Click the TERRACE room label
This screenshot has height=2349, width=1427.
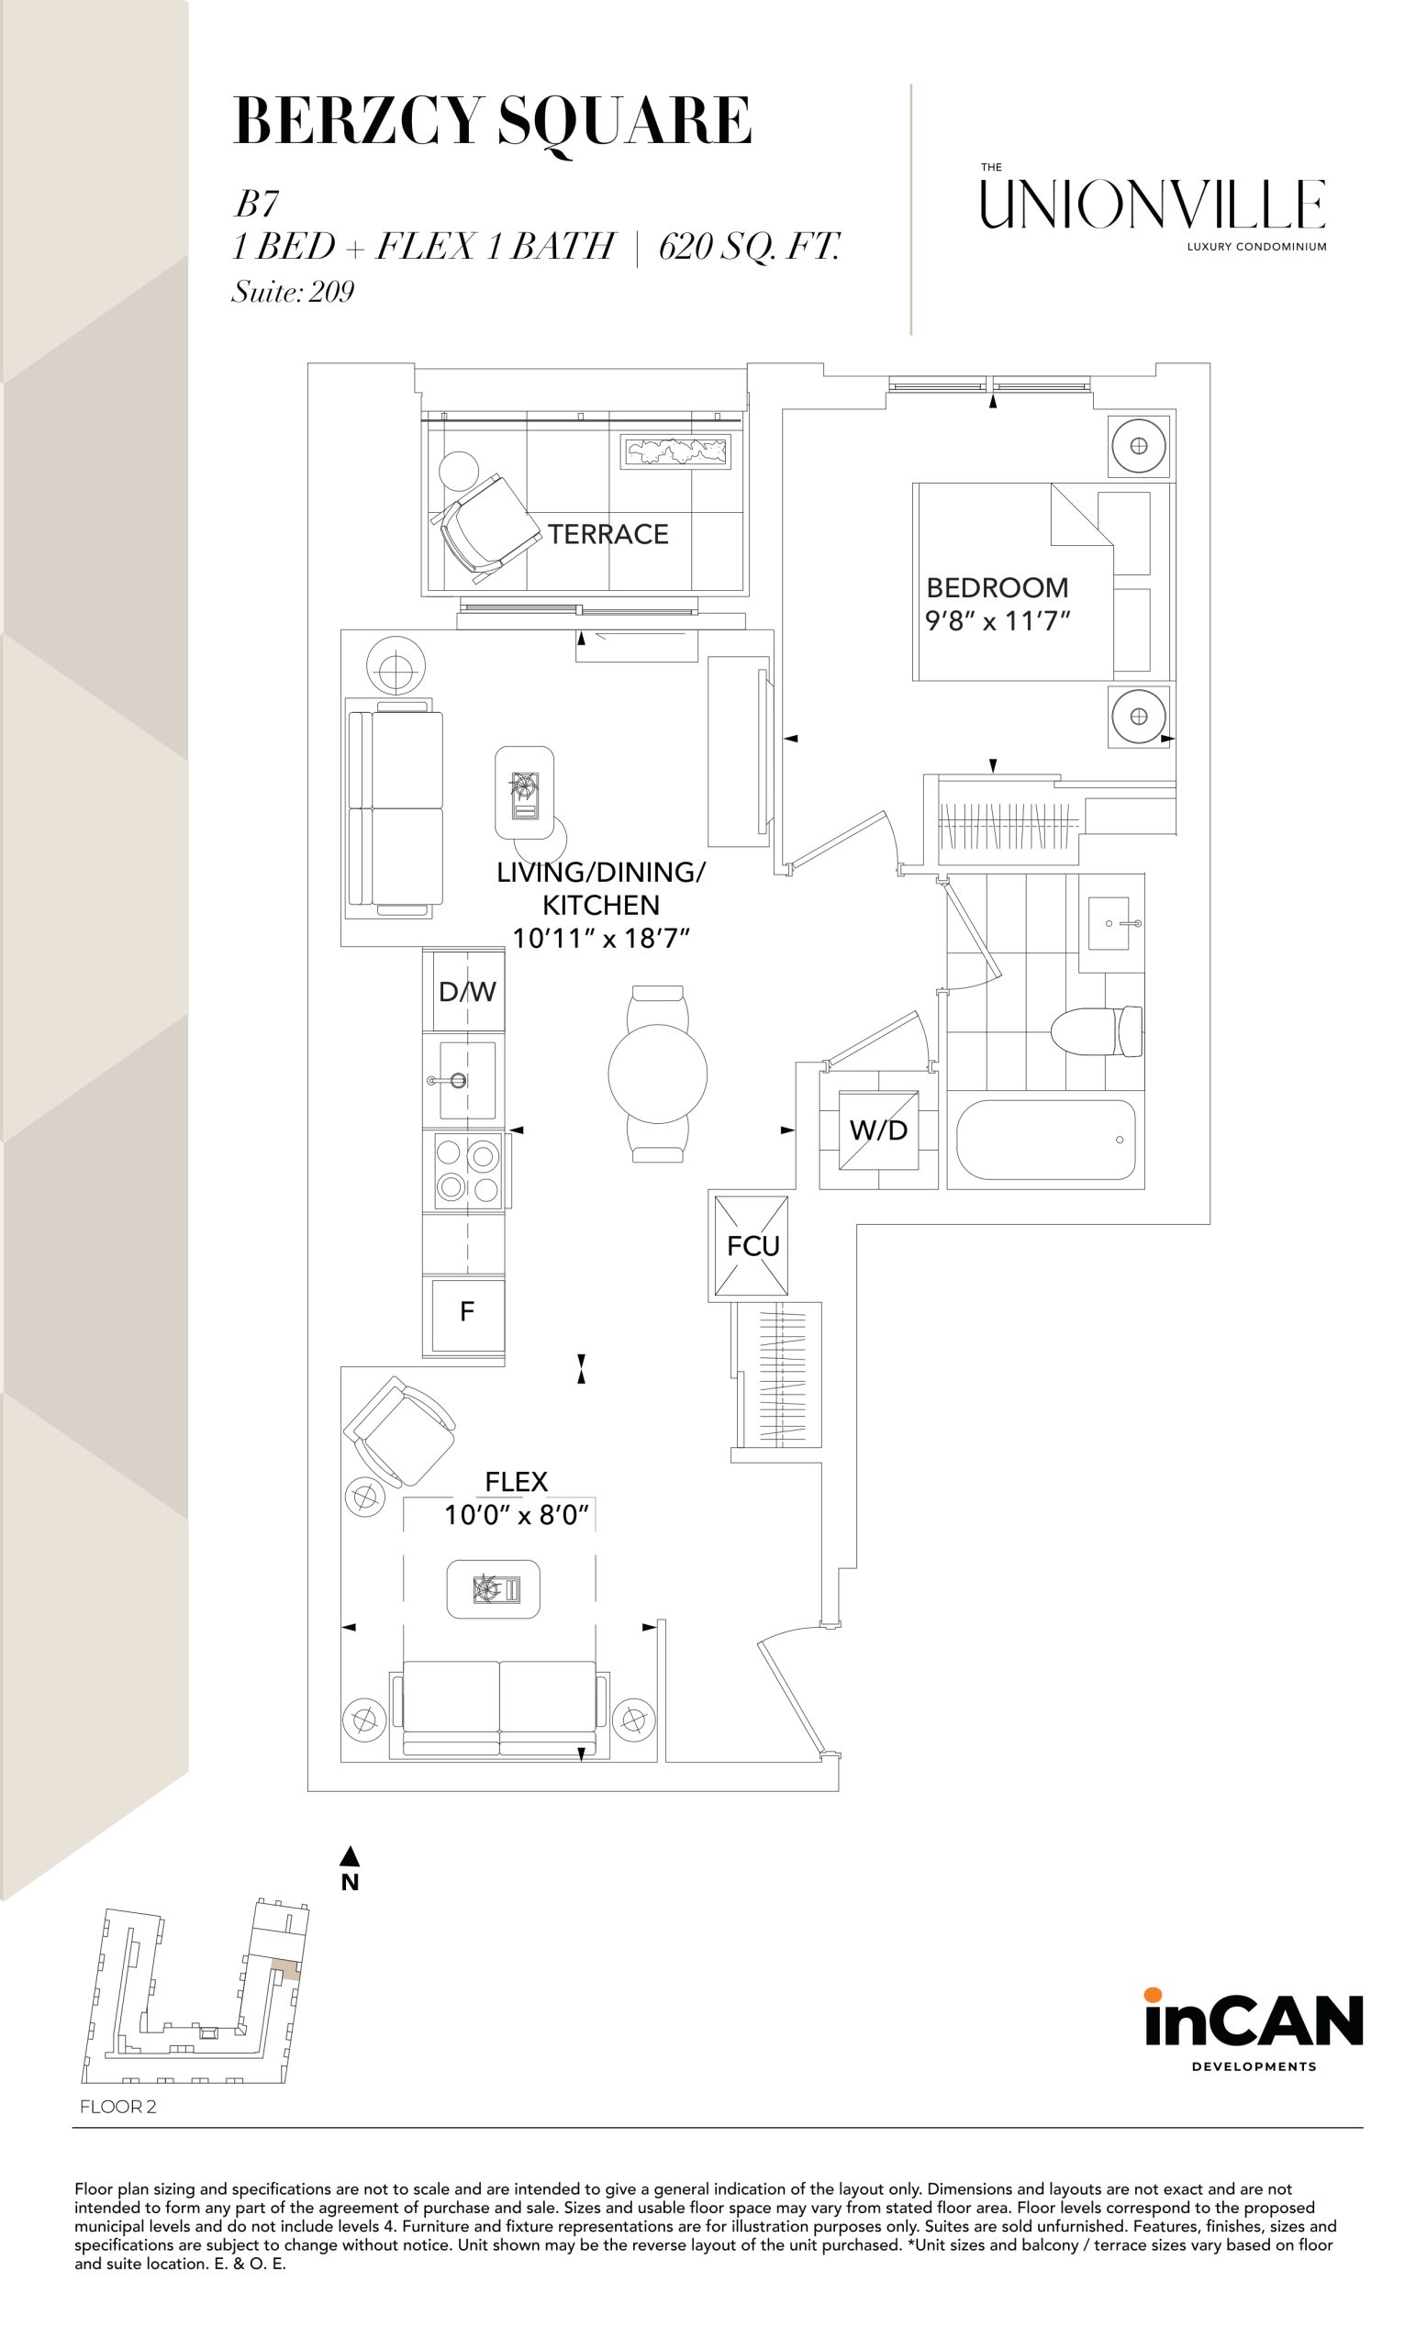tap(608, 534)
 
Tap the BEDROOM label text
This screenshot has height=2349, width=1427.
tap(998, 587)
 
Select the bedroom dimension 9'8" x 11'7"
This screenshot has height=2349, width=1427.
tap(998, 620)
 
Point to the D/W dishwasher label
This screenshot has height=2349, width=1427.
tap(467, 992)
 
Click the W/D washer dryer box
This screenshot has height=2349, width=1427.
tap(878, 1130)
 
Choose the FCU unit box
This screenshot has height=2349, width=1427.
tap(753, 1247)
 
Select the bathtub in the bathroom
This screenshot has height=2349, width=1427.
tap(1046, 1141)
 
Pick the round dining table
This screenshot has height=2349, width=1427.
tap(658, 1073)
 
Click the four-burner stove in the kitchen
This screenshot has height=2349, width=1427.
tap(468, 1170)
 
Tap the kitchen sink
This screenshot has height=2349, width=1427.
tap(467, 1080)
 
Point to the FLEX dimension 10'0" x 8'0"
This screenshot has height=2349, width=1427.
tap(517, 1515)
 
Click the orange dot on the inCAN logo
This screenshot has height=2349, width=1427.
tap(1154, 1995)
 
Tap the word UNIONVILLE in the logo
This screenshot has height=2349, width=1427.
tap(1153, 204)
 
